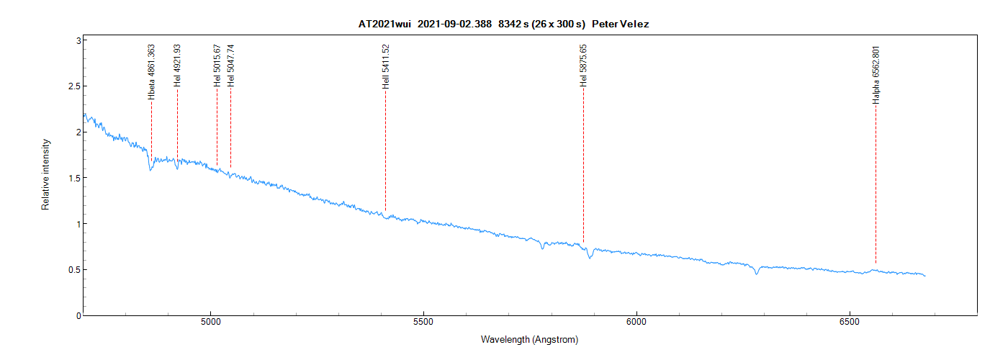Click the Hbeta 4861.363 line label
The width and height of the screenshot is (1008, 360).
(151, 72)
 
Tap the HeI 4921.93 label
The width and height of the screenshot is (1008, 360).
(177, 66)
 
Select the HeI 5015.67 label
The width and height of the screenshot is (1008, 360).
(217, 66)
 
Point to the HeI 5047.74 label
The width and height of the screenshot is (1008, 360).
(230, 66)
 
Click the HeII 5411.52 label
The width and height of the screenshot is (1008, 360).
(385, 66)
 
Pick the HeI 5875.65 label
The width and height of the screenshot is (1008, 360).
(583, 66)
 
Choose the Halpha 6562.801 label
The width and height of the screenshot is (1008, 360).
(876, 75)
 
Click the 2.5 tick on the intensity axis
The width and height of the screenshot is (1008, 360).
(71, 86)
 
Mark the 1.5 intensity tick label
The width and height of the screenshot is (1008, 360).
(71, 178)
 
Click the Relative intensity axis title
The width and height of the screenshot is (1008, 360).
(45, 174)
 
